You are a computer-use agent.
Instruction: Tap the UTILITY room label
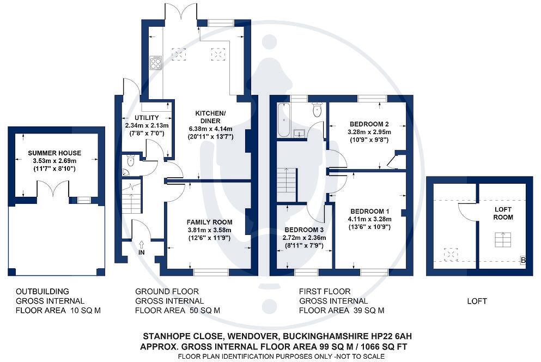click(x=146, y=118)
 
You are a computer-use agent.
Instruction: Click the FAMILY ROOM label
click(x=209, y=222)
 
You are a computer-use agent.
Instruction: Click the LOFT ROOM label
click(x=503, y=213)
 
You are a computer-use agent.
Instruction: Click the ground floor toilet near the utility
click(x=130, y=160)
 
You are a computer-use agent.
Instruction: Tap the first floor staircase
click(x=286, y=180)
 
